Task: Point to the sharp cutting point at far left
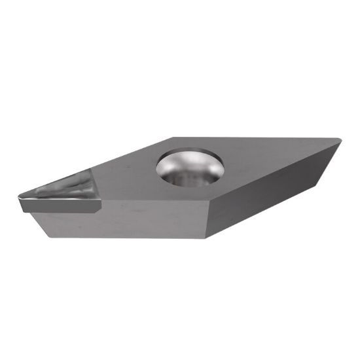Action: point(18,196)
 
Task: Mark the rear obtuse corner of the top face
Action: point(173,137)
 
